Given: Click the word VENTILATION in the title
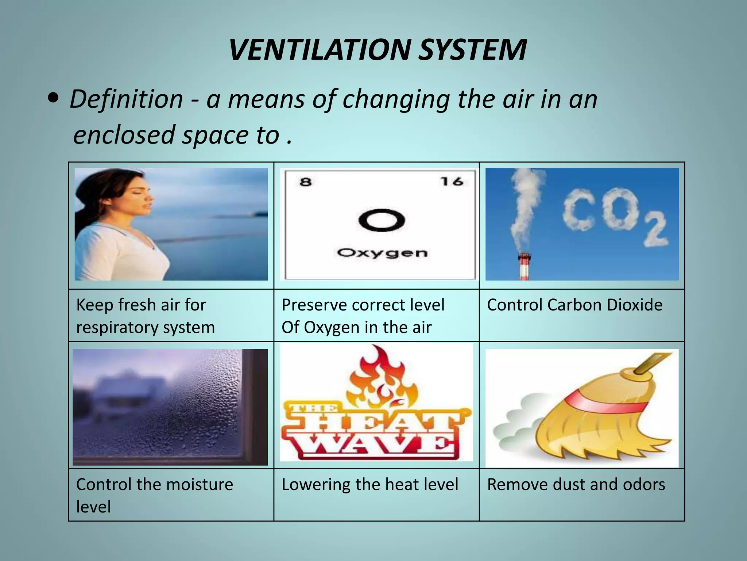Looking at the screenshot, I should (x=321, y=50).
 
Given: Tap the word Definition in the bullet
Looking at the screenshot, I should (x=126, y=99).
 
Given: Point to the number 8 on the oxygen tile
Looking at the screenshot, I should (x=306, y=182).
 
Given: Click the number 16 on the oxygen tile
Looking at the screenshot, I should (x=452, y=181).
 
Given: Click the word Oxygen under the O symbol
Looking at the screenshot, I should (x=382, y=253).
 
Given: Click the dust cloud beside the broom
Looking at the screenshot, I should (x=518, y=427).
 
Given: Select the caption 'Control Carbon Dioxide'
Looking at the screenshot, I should (x=574, y=305).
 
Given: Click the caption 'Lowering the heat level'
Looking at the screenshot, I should (x=370, y=485).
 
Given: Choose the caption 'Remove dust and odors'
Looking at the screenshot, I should (x=576, y=485).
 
